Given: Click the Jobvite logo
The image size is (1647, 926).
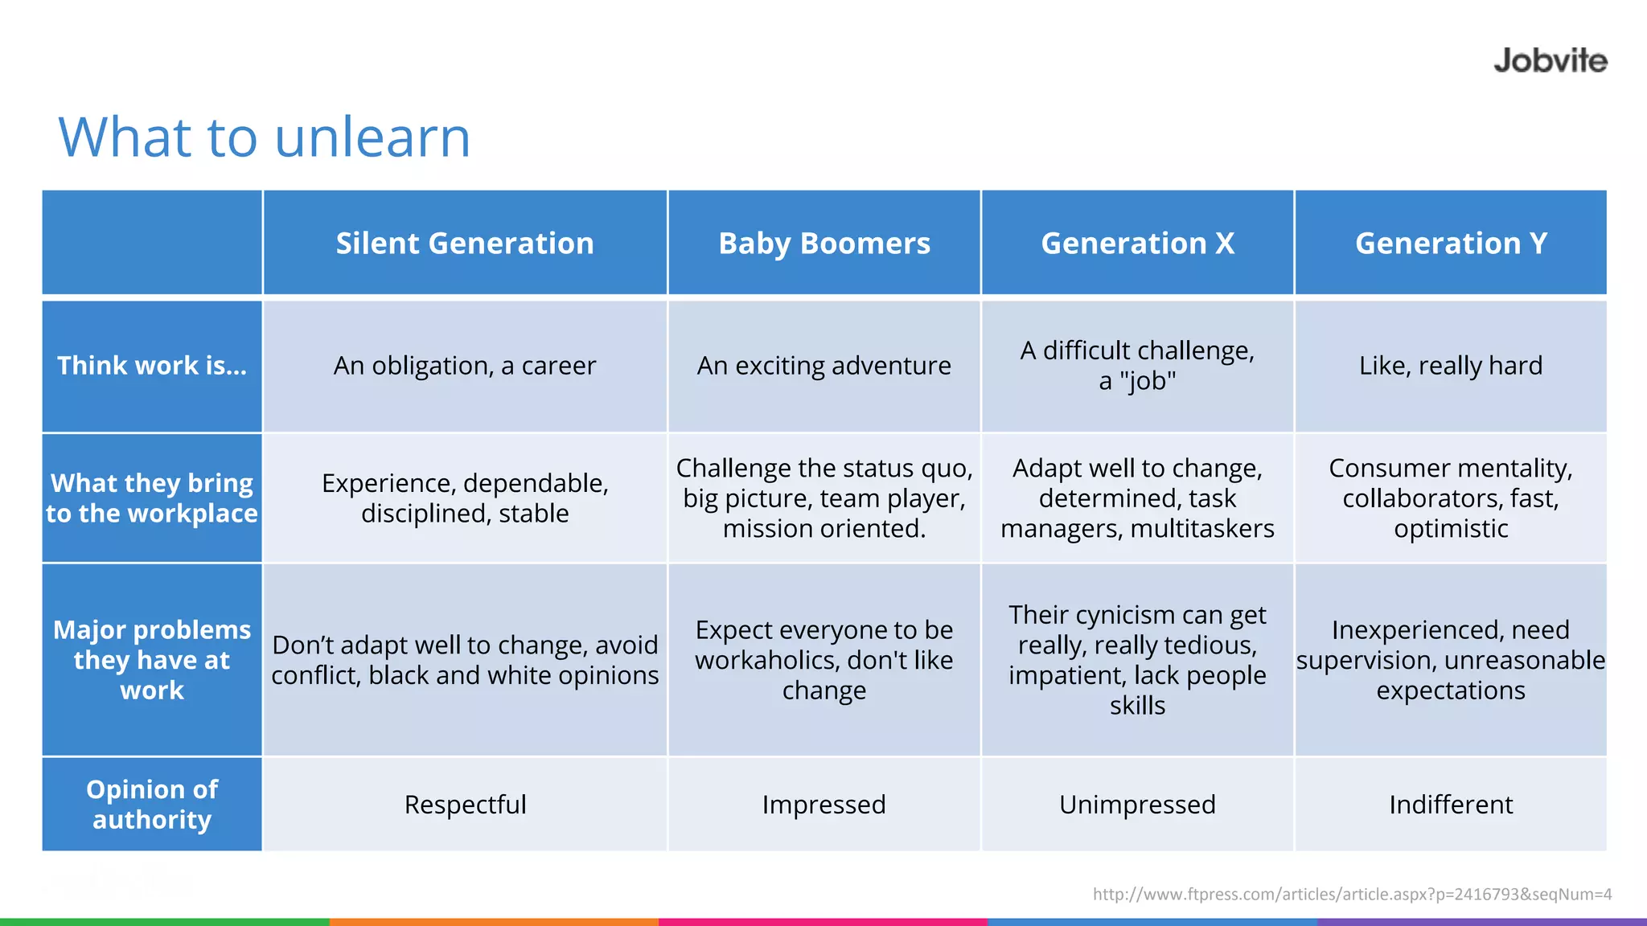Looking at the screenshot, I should tap(1550, 61).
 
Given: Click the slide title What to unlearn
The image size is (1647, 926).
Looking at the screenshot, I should tap(265, 137).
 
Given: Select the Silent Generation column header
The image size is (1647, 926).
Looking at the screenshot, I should tap(465, 244).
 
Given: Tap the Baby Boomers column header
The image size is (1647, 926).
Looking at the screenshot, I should tap(824, 244).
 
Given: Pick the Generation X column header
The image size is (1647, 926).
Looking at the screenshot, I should tap(1137, 244).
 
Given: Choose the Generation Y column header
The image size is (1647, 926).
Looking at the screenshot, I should tap(1451, 244).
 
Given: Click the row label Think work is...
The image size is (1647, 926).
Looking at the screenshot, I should tap(152, 366).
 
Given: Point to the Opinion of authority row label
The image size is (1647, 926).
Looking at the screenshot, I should tap(152, 804).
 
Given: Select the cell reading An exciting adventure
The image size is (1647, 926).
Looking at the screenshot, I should tap(824, 366).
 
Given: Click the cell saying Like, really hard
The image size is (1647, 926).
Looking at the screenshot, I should tap(1451, 366).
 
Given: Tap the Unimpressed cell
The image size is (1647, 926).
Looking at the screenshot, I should tap(1137, 805).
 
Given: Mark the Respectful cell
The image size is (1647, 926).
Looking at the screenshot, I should tap(465, 805).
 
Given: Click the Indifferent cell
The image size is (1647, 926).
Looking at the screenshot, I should tap(1451, 805).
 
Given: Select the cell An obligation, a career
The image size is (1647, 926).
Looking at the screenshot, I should tap(465, 366).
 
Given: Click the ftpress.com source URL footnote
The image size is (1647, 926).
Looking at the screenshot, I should tap(1352, 894).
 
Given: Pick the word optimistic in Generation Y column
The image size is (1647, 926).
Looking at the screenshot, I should tap(1451, 529).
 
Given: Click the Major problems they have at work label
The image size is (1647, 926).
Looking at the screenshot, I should tap(152, 660).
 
